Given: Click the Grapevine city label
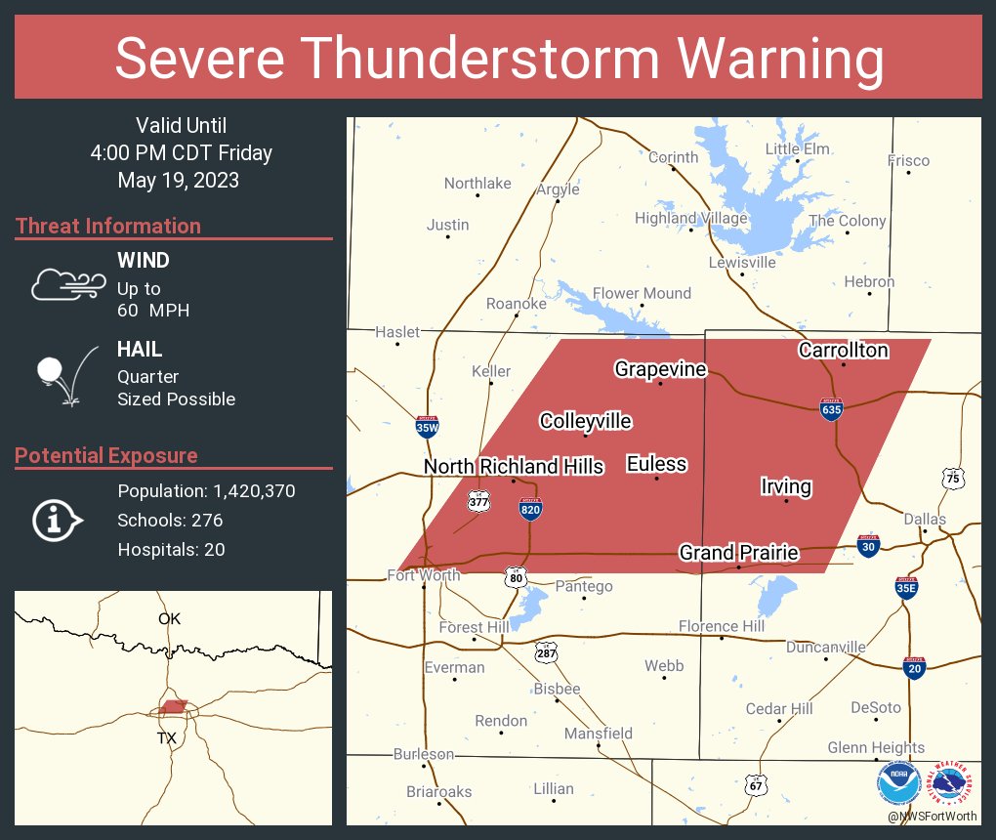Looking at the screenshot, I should [660, 369].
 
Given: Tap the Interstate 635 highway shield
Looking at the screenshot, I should [831, 410].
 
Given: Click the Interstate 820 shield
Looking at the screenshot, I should [530, 508].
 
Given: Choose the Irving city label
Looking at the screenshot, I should [786, 486].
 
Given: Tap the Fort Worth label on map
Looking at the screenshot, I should [424, 574].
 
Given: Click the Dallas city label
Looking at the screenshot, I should [924, 519].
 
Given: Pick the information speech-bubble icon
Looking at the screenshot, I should [58, 521].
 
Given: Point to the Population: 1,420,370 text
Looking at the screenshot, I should [206, 491].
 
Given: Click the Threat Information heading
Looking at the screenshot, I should [108, 227].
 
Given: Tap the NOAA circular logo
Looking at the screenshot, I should [898, 783].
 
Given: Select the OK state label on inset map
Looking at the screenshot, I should [170, 618].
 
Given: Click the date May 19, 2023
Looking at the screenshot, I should [178, 180].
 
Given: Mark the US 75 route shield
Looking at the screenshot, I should [952, 478].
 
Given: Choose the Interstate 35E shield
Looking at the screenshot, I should [906, 587].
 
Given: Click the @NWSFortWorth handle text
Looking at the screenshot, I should [933, 815].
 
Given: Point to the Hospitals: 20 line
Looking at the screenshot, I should [171, 550].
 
